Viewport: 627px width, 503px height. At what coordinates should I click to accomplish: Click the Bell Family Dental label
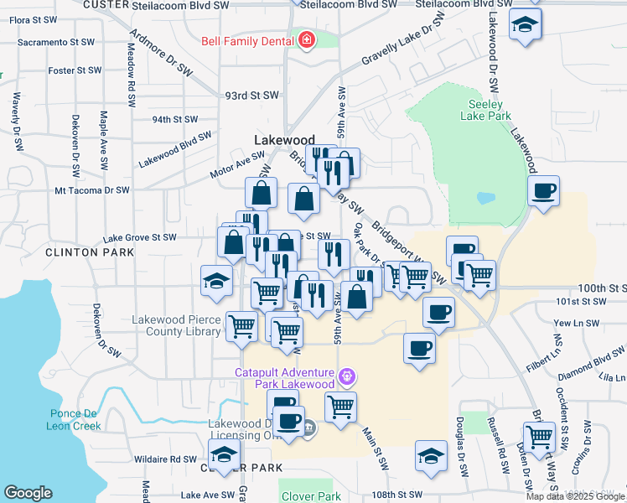(x=248, y=40)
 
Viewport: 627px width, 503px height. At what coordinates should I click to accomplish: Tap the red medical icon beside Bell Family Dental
(x=306, y=40)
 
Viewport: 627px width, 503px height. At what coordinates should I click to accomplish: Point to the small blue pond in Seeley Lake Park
(x=485, y=199)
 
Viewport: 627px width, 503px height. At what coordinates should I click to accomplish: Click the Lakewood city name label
(x=284, y=140)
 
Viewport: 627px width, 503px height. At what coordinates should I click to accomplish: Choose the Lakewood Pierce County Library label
(x=177, y=325)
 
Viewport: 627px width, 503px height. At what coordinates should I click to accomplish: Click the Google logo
(x=28, y=493)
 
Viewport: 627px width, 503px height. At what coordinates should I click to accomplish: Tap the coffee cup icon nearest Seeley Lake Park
(x=544, y=192)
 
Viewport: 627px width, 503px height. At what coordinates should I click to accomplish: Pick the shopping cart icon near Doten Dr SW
(x=539, y=437)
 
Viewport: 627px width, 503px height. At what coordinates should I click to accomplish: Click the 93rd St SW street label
(x=251, y=96)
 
